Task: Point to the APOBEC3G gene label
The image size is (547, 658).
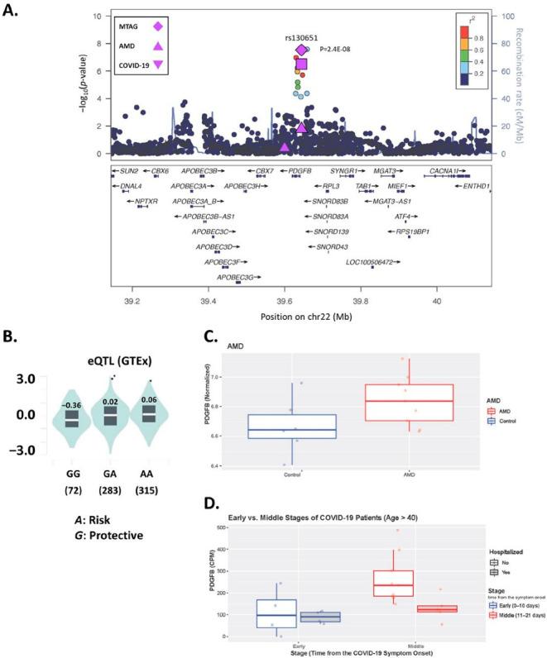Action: click(238, 278)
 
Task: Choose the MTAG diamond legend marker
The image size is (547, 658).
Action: click(157, 26)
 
